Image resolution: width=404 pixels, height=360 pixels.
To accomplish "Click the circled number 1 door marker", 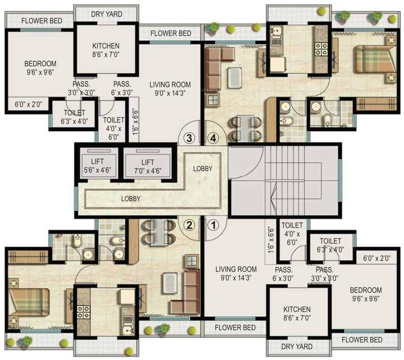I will pos(213,225).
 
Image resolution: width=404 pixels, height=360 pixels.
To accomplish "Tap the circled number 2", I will pos(189,225).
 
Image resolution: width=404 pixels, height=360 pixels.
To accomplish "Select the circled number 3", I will pos(189,138).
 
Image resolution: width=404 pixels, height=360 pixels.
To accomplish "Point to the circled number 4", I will pos(213,138).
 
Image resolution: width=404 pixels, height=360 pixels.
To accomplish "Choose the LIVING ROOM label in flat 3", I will pos(170,89).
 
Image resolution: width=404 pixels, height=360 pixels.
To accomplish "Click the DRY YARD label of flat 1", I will pos(297,347).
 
